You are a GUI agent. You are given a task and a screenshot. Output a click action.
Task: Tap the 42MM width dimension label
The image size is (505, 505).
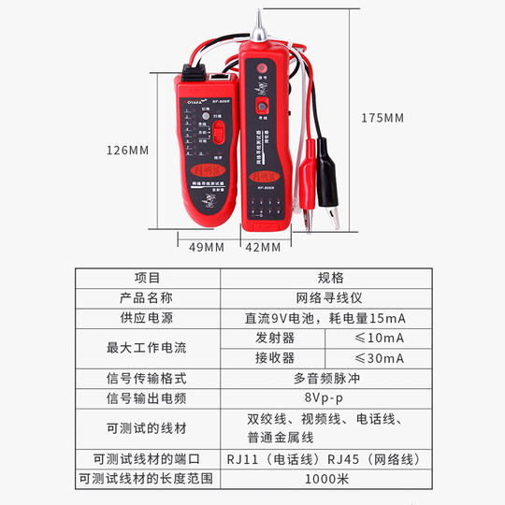(x=263, y=247)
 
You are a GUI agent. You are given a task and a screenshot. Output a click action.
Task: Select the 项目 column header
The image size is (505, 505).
(x=148, y=278)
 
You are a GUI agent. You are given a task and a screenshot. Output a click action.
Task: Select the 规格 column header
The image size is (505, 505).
(x=330, y=278)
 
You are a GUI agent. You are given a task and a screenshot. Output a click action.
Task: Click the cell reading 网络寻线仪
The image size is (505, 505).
(x=330, y=297)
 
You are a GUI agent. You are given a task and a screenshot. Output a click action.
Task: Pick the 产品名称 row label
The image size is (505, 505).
(x=148, y=297)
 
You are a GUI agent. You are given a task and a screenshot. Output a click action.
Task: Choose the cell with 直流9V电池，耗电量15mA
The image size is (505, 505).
(x=330, y=318)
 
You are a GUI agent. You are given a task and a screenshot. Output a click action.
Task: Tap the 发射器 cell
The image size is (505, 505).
(x=274, y=338)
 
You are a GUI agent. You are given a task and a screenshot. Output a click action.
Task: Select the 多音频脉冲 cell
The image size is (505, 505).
(x=330, y=379)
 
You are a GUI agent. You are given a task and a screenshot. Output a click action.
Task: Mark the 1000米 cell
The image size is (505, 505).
(x=330, y=479)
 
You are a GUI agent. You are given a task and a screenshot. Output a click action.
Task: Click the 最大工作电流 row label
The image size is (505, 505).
(x=148, y=348)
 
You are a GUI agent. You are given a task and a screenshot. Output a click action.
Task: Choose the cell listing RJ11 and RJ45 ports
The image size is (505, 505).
(x=330, y=459)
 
